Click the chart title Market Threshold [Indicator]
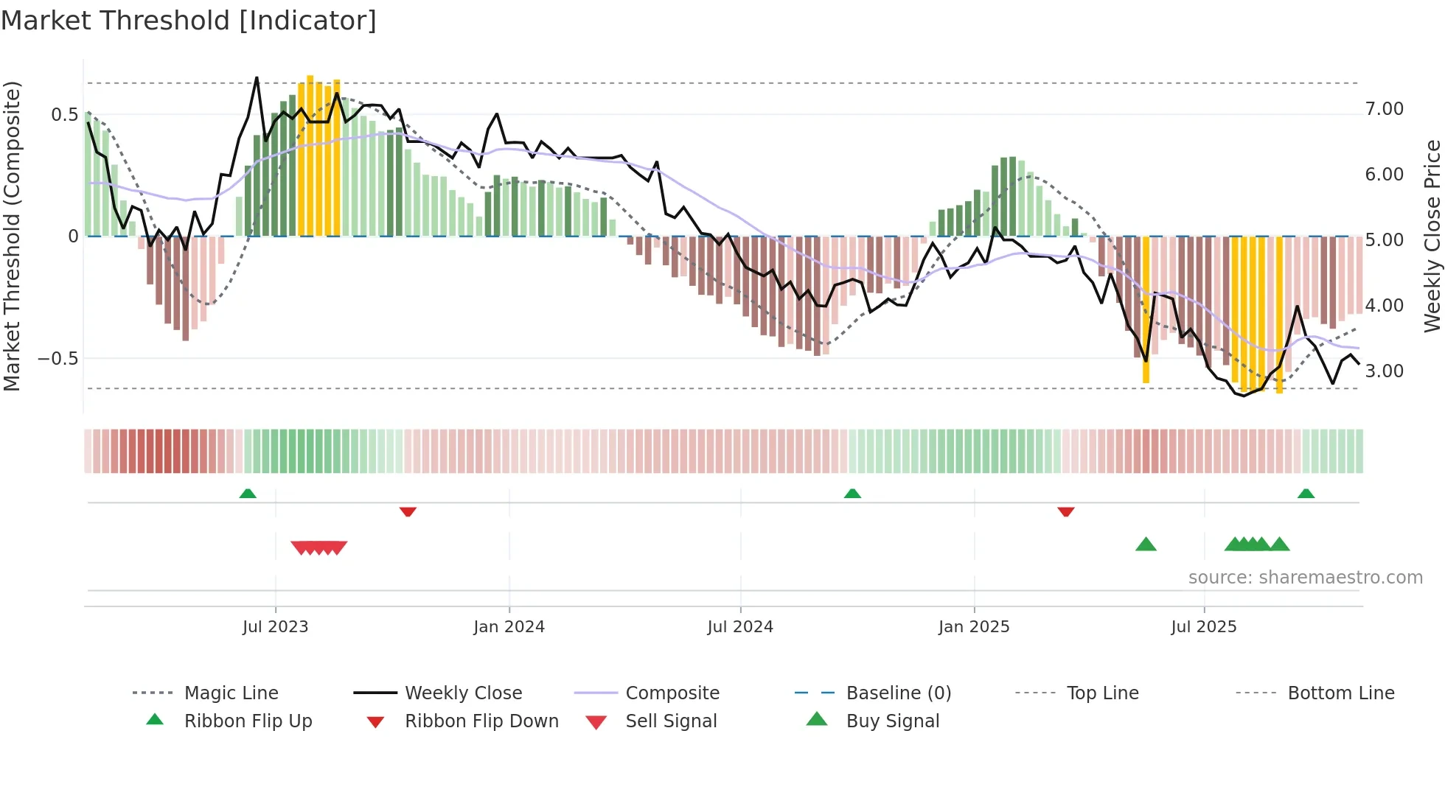(x=189, y=21)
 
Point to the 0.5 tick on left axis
(x=64, y=114)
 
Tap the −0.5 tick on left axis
(x=58, y=359)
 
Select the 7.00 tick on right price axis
(x=1384, y=109)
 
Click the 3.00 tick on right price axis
(x=1384, y=371)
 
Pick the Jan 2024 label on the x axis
(x=509, y=627)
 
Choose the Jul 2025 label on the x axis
(x=1203, y=627)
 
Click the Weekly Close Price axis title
(x=1432, y=236)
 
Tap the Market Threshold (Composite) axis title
(x=12, y=236)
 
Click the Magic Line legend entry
(x=231, y=693)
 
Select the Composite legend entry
(x=672, y=693)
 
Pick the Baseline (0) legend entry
(x=898, y=693)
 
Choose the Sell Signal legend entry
(x=670, y=721)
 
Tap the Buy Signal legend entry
(x=892, y=721)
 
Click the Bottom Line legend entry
(x=1340, y=693)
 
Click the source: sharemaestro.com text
(x=1305, y=578)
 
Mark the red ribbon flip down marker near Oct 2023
(x=408, y=511)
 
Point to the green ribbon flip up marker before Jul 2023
(x=248, y=493)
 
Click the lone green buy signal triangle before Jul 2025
(x=1146, y=545)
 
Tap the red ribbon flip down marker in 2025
(x=1065, y=511)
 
